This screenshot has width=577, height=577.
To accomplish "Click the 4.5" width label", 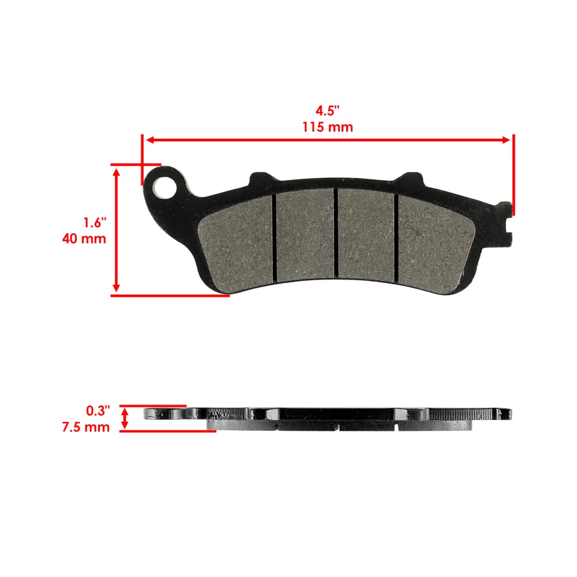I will (x=328, y=111).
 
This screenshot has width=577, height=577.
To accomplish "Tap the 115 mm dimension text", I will (x=328, y=127).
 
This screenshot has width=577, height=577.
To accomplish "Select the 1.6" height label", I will (x=94, y=222).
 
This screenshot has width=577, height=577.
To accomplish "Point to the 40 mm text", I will (x=84, y=239).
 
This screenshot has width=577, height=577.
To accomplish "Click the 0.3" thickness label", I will (x=99, y=411).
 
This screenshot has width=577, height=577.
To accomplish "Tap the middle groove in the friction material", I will (x=335, y=233).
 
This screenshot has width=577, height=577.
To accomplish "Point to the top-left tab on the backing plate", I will (x=260, y=177).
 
